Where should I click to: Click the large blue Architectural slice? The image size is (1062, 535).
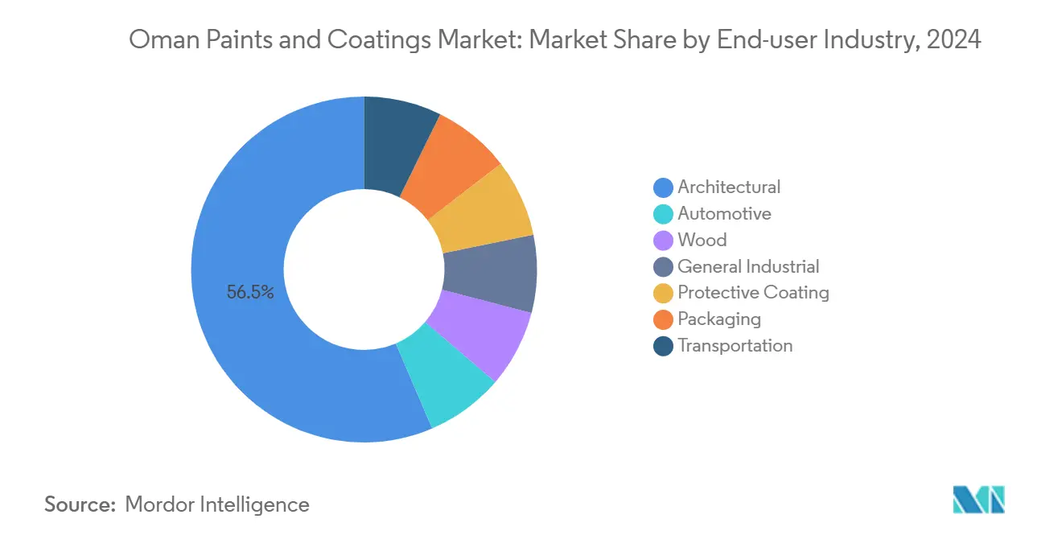tap(241, 338)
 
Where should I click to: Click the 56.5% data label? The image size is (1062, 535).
tap(250, 293)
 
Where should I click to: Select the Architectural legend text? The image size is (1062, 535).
tap(729, 187)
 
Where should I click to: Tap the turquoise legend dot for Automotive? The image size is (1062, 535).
tap(663, 214)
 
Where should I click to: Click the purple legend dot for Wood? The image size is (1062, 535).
tap(663, 241)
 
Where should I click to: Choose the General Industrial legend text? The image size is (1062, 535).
tap(748, 266)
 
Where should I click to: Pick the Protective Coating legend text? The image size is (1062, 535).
tap(753, 293)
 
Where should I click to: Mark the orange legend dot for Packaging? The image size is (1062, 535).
tap(663, 319)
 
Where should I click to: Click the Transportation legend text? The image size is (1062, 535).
tap(735, 346)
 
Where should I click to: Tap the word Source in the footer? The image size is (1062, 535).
tap(80, 504)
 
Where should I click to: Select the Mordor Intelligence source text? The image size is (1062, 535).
tap(217, 504)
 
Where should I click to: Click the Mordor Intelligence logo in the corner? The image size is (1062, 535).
tap(978, 500)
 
